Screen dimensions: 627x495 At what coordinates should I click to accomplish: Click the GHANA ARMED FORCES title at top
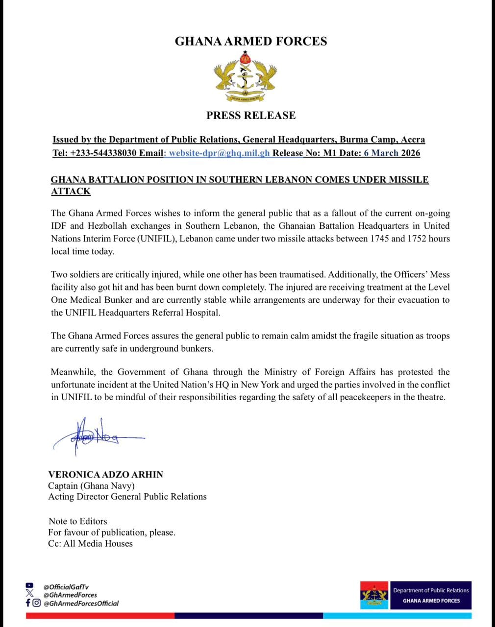click(x=251, y=41)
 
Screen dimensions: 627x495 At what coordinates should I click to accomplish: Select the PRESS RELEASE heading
click(x=251, y=116)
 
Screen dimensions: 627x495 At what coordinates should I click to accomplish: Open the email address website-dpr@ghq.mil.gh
click(x=219, y=153)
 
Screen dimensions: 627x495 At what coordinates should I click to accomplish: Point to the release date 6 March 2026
click(x=392, y=153)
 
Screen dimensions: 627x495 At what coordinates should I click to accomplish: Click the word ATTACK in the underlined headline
click(x=71, y=192)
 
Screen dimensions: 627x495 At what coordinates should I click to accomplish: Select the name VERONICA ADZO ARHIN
click(x=105, y=474)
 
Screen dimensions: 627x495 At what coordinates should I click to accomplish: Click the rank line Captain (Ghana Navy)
click(x=91, y=485)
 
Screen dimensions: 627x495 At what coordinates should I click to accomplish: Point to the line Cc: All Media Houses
click(x=90, y=543)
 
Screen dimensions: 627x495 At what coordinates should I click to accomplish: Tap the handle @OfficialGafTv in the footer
click(x=66, y=586)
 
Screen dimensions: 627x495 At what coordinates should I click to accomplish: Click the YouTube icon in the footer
click(x=29, y=585)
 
